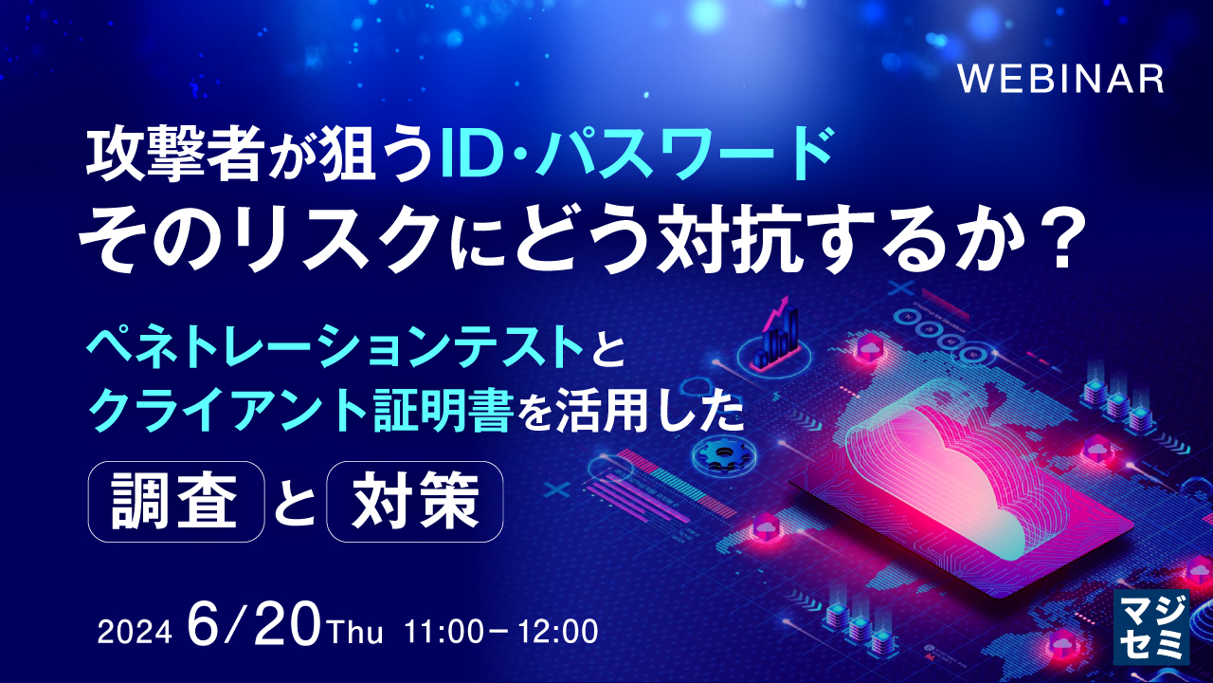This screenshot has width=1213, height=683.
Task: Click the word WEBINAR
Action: (x=1060, y=80)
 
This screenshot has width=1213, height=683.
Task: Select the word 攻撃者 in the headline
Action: (x=172, y=156)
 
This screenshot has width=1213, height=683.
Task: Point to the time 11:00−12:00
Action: (x=501, y=632)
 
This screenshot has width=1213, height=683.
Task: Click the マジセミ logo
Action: (x=1150, y=627)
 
